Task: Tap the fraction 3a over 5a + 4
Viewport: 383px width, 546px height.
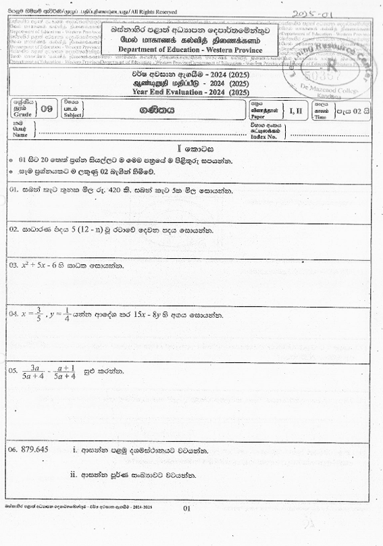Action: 32,371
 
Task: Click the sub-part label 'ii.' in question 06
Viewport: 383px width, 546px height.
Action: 75,474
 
